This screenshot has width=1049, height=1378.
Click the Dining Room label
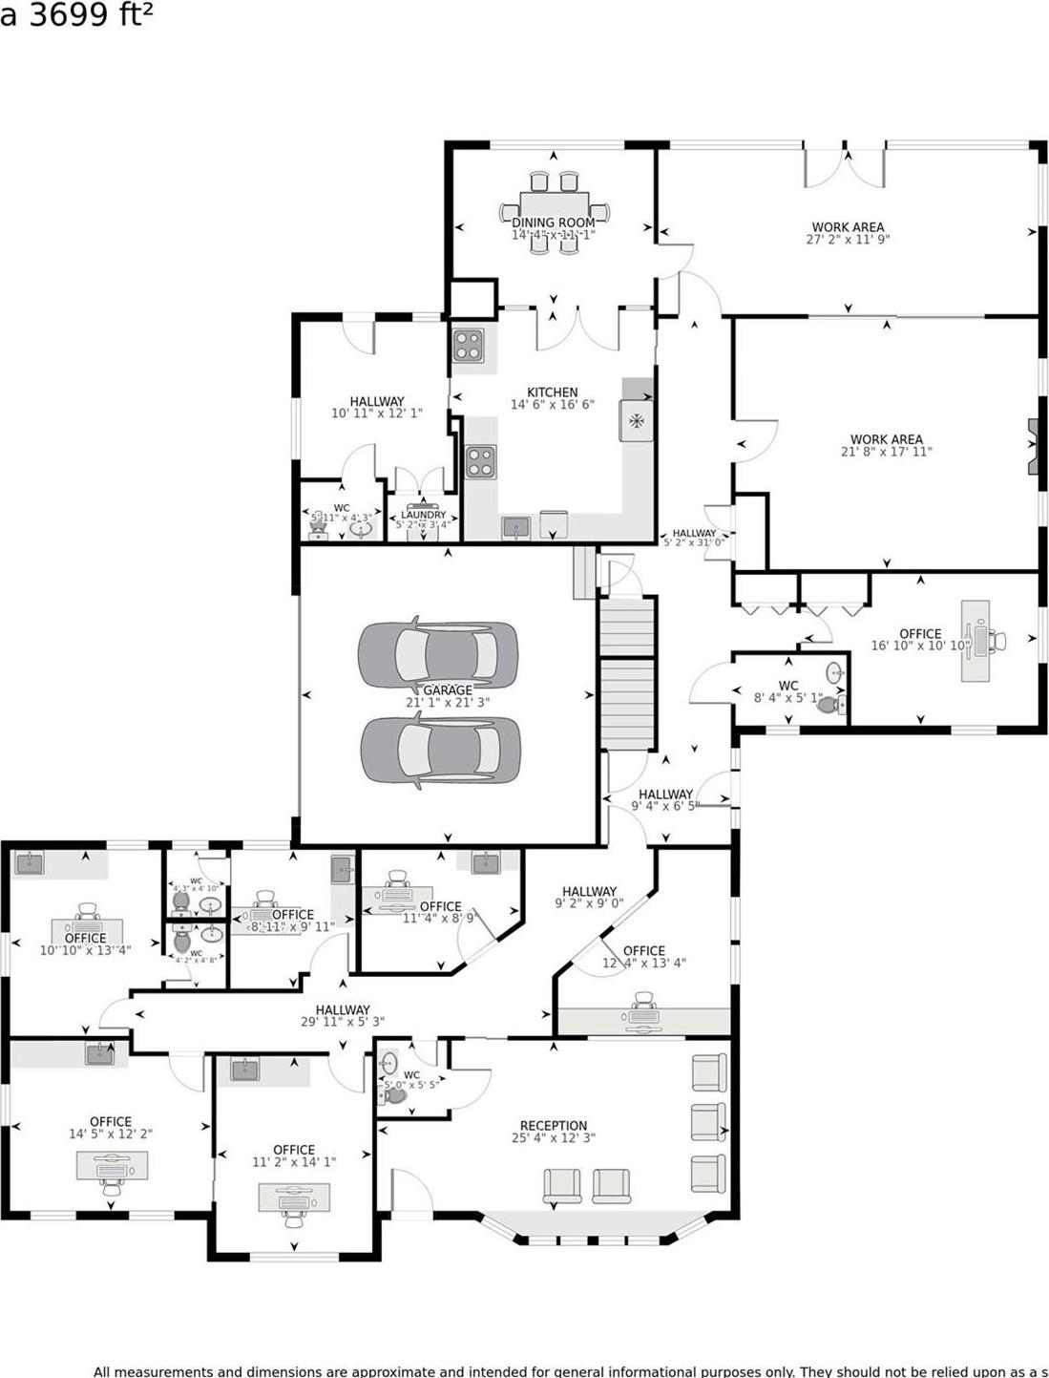tap(554, 223)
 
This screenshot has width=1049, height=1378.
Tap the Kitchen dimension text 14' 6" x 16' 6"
tap(552, 405)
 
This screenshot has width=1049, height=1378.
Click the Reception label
tap(554, 1126)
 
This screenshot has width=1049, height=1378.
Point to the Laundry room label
tap(423, 515)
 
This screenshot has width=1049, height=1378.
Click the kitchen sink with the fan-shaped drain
tap(636, 420)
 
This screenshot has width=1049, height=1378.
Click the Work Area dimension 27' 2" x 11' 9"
tap(848, 241)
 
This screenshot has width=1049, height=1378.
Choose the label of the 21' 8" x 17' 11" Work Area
tap(887, 439)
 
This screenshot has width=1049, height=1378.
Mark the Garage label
tap(448, 690)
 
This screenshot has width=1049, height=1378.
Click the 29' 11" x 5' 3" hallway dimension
tap(343, 1022)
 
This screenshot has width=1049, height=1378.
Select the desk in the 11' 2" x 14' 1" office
tap(294, 1198)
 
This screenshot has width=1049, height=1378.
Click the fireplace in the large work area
tap(1033, 447)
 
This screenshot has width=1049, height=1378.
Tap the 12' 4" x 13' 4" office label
tap(644, 951)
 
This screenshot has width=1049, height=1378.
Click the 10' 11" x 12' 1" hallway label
tap(377, 402)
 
